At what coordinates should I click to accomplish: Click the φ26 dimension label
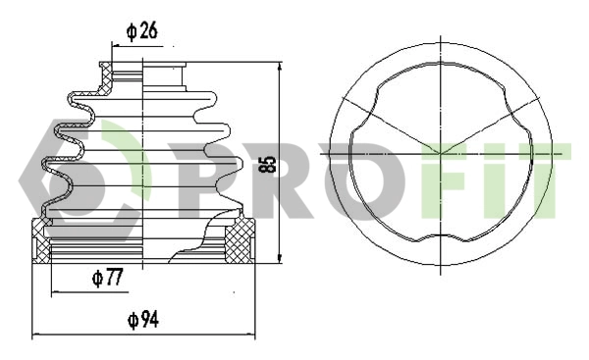[x=142, y=31]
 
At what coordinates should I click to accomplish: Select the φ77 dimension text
[x=107, y=278]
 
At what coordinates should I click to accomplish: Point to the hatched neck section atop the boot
[x=105, y=77]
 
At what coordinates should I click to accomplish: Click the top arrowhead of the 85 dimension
[x=280, y=68]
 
